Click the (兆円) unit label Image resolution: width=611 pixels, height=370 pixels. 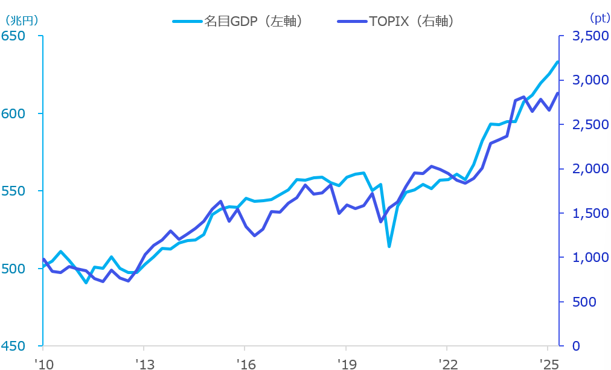(x=22, y=19)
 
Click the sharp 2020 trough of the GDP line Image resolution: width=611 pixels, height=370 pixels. (x=389, y=246)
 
